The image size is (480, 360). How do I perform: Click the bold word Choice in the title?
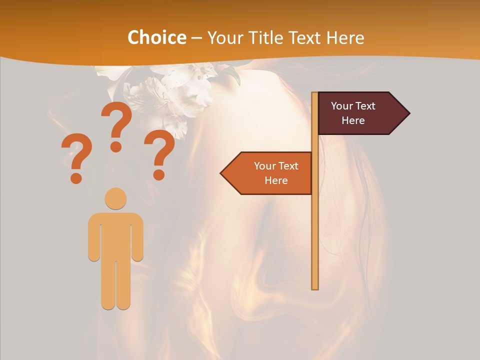pyautogui.click(x=156, y=37)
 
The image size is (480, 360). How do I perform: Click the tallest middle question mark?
pyautogui.click(x=116, y=125)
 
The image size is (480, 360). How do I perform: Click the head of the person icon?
pyautogui.click(x=115, y=198)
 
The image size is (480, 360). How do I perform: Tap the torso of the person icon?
pyautogui.click(x=115, y=235)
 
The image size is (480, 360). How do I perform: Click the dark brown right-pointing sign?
pyautogui.click(x=357, y=113)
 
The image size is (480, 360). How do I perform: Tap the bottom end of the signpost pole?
pyautogui.click(x=315, y=287)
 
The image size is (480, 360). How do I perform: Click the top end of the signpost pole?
pyautogui.click(x=314, y=94)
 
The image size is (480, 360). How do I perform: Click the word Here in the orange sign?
pyautogui.click(x=276, y=180)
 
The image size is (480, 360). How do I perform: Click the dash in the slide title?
pyautogui.click(x=196, y=38)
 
